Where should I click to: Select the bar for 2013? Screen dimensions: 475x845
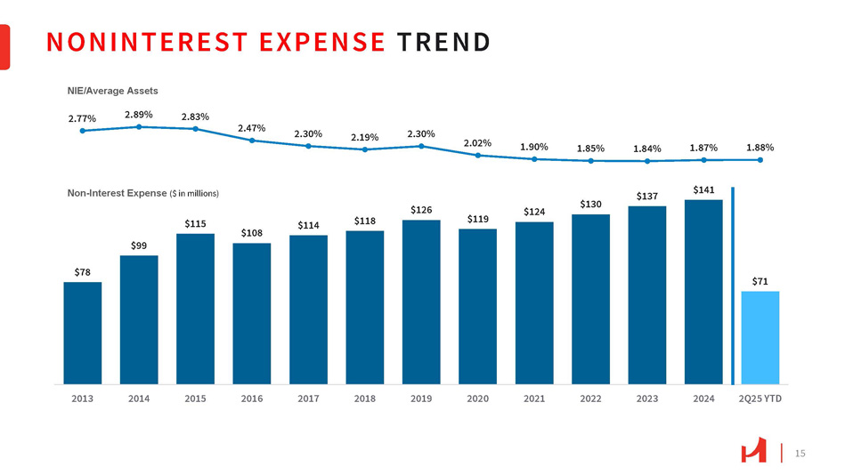(x=83, y=332)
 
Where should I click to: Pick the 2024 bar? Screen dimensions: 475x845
(x=703, y=291)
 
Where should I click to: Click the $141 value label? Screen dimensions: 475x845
(x=703, y=189)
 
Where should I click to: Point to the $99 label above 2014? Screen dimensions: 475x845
(x=139, y=245)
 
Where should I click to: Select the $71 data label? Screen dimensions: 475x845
(x=760, y=281)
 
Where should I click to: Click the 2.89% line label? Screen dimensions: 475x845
(x=139, y=115)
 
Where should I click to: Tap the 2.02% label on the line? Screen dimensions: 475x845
(x=478, y=142)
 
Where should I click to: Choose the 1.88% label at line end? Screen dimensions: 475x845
(x=760, y=148)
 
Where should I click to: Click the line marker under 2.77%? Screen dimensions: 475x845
(x=83, y=131)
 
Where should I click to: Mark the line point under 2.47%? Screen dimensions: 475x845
(x=252, y=141)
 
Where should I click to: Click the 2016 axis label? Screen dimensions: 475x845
(x=252, y=399)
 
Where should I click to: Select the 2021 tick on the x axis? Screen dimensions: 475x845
(x=534, y=399)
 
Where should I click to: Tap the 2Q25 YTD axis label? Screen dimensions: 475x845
(x=760, y=399)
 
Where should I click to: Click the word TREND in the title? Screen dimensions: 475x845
(x=443, y=42)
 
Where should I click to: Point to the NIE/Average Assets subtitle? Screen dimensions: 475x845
(x=112, y=91)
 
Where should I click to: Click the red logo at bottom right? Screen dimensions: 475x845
(x=753, y=454)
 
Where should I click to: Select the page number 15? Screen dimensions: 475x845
(x=799, y=454)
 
